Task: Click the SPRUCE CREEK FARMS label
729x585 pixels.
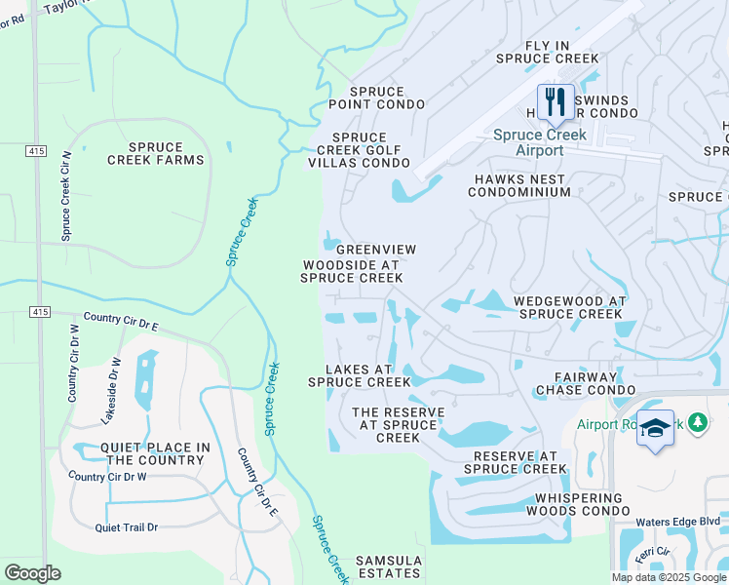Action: pyautogui.click(x=156, y=152)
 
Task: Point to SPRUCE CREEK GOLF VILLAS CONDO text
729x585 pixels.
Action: pyautogui.click(x=359, y=150)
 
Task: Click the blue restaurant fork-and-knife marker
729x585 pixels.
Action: pyautogui.click(x=556, y=101)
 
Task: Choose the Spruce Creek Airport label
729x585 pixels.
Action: pyautogui.click(x=527, y=143)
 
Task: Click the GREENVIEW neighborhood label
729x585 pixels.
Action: pyautogui.click(x=376, y=250)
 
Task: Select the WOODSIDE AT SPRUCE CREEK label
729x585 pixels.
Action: pyautogui.click(x=351, y=271)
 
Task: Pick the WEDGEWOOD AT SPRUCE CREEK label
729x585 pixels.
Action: pyautogui.click(x=569, y=307)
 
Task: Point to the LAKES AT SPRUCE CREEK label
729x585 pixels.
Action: pyautogui.click(x=360, y=375)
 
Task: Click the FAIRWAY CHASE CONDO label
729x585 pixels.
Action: pyautogui.click(x=587, y=383)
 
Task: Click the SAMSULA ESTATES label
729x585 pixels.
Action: pyautogui.click(x=389, y=567)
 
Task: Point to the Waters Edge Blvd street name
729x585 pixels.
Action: pyautogui.click(x=677, y=522)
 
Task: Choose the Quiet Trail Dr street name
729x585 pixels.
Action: pyautogui.click(x=126, y=527)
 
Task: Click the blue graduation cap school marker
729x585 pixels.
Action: pyautogui.click(x=655, y=429)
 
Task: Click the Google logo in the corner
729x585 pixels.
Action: pyautogui.click(x=32, y=572)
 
